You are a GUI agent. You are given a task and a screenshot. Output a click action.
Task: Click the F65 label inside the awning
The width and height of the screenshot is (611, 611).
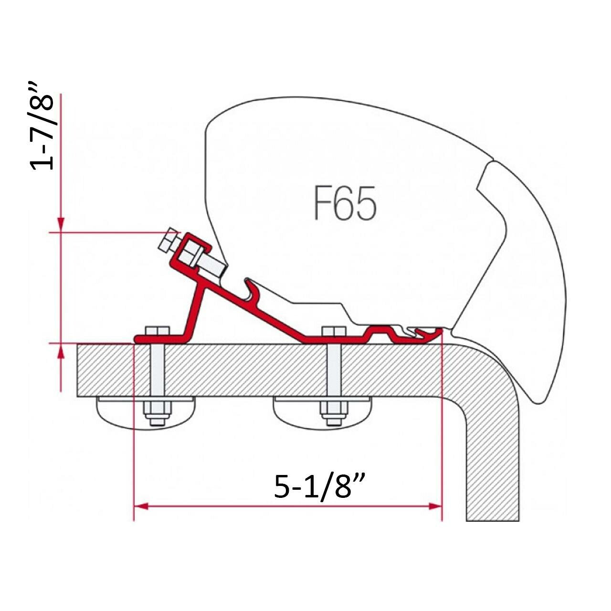345,203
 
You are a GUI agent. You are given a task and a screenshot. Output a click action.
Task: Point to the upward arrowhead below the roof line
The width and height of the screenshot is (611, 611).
61,351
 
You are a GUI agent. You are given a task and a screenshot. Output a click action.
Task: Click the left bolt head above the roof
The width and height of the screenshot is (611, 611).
157,330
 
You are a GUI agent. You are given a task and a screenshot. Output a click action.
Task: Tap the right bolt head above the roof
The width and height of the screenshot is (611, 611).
334,331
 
